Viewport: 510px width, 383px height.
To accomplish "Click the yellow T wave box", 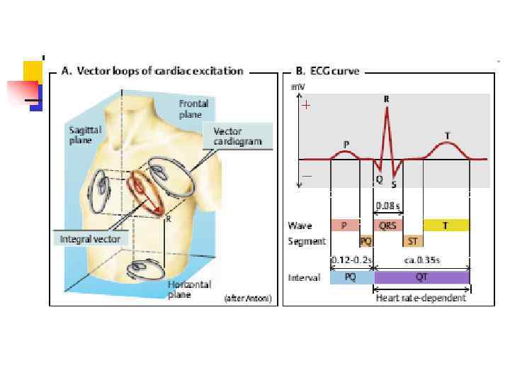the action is [x=446, y=226].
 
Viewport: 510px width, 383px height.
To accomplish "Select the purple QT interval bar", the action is [x=422, y=277].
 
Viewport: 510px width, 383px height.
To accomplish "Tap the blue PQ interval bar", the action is [x=351, y=277].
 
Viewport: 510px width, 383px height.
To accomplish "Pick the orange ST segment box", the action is [x=412, y=240].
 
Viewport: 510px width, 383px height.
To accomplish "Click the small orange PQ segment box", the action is [x=366, y=240].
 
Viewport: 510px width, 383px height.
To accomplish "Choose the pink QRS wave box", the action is [x=387, y=226].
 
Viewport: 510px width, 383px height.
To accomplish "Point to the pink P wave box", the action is [x=344, y=226].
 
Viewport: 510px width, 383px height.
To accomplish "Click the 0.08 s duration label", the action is [x=387, y=206].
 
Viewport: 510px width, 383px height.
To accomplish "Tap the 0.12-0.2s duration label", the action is [x=352, y=260].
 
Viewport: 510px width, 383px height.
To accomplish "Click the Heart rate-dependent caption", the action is [x=421, y=298].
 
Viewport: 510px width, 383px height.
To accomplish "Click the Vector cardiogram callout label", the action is [x=237, y=136].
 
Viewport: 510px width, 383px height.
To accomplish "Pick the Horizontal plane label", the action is [x=183, y=289].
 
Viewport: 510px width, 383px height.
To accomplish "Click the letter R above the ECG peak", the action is [x=386, y=100].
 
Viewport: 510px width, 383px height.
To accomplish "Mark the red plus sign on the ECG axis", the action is [x=306, y=106].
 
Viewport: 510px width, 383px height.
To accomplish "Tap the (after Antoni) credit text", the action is [x=247, y=299].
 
